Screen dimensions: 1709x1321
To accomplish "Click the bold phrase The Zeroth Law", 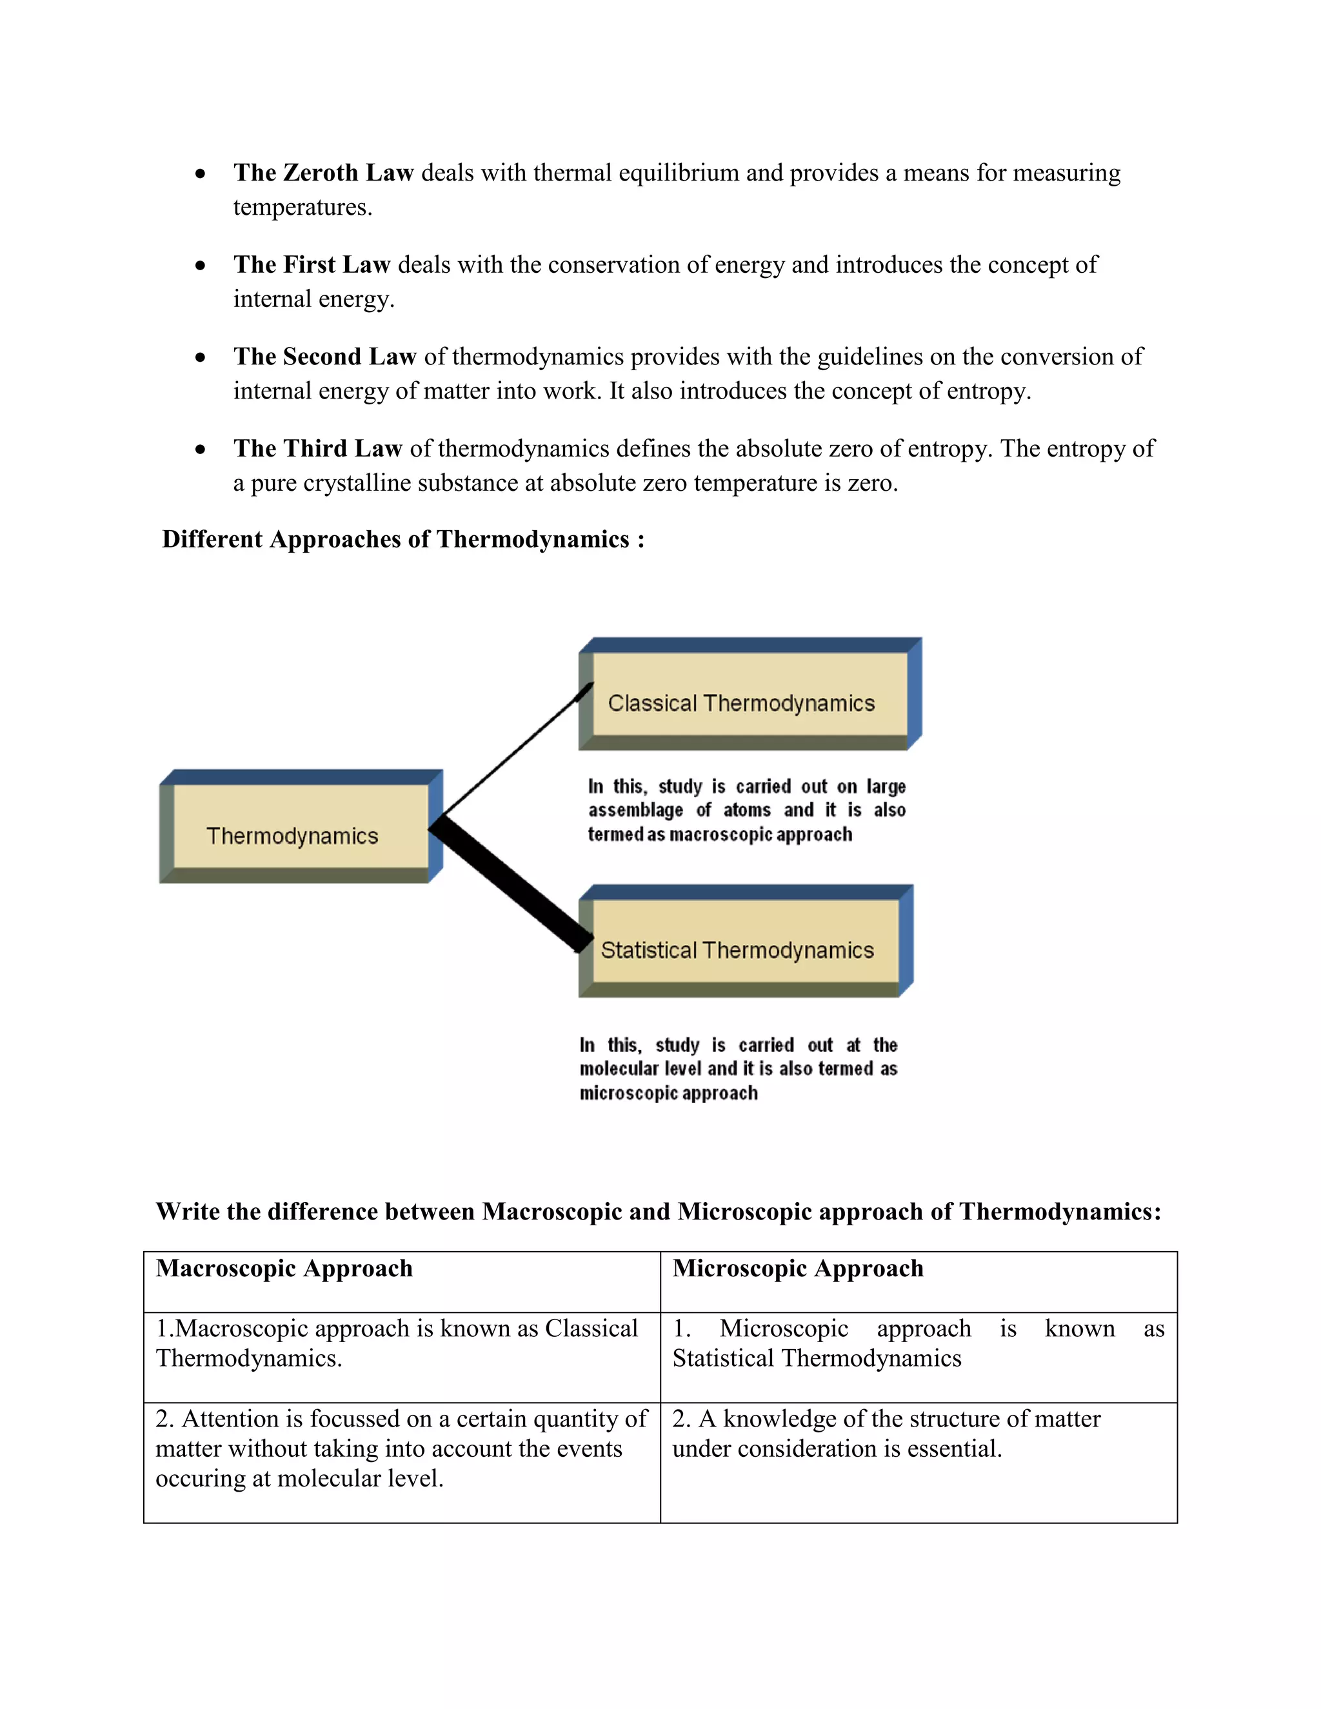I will (323, 172).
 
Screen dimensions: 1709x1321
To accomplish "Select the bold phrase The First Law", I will (312, 264).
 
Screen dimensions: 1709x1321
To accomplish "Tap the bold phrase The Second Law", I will (324, 356).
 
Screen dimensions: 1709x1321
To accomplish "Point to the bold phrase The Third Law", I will (317, 448).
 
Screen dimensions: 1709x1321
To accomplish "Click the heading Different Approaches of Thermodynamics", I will (402, 539).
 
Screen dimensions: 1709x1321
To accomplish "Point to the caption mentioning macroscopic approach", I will (746, 810).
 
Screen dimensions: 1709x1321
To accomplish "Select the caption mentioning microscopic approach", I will (737, 1068).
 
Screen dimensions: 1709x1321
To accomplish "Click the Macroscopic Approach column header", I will (284, 1269).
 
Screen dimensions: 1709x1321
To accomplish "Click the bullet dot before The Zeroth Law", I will (201, 173).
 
